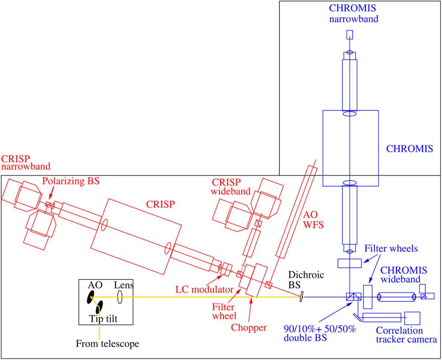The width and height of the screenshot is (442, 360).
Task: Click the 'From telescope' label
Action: pos(108,344)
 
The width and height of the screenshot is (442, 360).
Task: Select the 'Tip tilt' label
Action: pos(104,319)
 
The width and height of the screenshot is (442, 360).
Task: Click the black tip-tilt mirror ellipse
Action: pos(99,306)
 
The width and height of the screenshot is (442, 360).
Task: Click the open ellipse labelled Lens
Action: pos(120,297)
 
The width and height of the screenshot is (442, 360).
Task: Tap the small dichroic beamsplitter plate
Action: pos(301,297)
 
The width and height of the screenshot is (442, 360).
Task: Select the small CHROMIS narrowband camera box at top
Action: pos(350,35)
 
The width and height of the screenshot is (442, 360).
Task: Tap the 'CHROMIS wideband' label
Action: pos(404,275)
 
